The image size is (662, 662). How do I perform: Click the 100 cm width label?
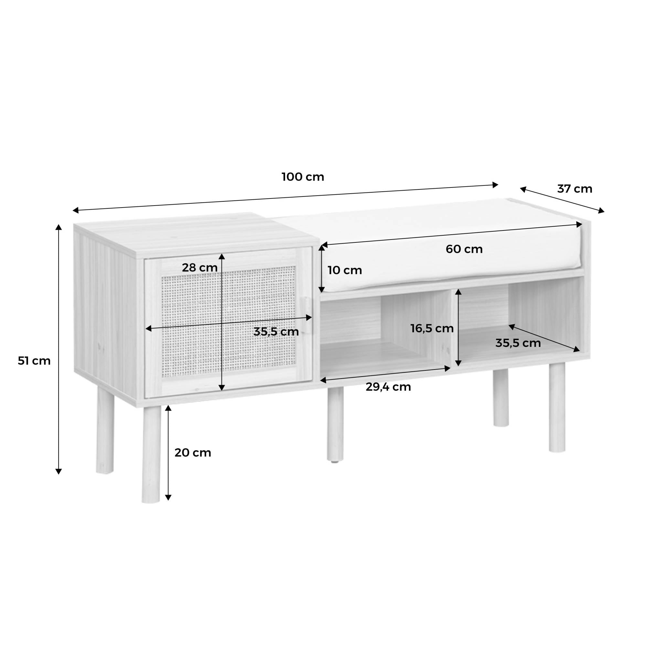pos(303,177)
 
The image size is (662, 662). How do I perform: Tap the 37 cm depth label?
pos(575,189)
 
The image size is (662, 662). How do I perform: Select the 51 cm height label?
pos(34,361)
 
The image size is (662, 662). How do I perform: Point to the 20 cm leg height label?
pos(193,453)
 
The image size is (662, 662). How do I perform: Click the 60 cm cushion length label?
pos(464,249)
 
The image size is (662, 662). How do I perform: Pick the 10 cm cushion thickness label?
pos(345,270)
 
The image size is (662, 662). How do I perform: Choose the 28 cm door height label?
pos(200,268)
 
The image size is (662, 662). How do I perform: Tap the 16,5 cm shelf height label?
pos(432,329)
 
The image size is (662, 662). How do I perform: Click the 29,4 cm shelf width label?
pos(388,387)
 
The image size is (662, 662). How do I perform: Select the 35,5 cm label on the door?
pos(276,332)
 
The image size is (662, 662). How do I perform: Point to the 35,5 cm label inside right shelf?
pos(518,343)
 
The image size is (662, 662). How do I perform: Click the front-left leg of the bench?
pos(151,454)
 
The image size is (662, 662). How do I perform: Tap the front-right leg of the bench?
pos(557,407)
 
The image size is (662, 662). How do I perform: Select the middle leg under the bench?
pos(335,424)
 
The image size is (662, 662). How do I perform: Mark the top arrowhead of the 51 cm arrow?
pos(59,228)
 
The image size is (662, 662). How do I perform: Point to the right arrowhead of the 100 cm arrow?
pos(495,185)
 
